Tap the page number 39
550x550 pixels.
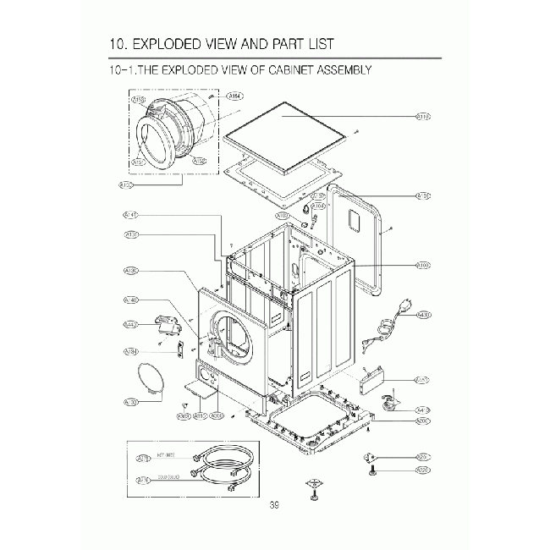coord(274,506)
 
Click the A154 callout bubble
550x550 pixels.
coord(234,96)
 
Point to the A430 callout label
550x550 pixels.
coord(424,316)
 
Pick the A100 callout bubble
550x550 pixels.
coord(423,265)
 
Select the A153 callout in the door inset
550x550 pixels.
coord(139,100)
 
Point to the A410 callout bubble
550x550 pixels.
coord(423,409)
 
